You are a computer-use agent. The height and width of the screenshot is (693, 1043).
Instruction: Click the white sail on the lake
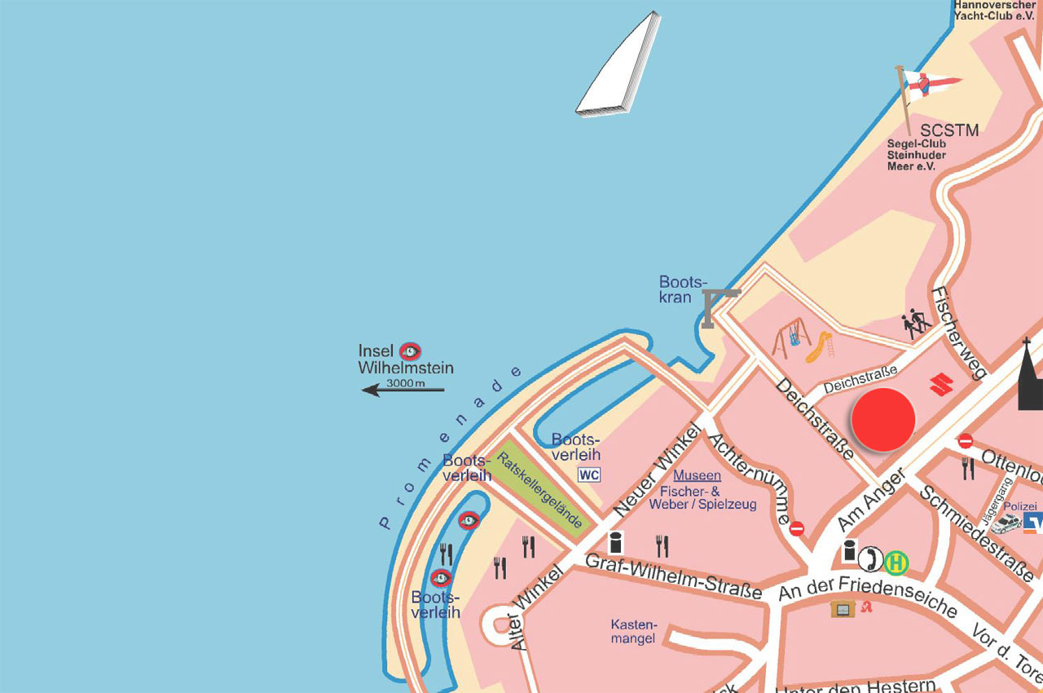[x=618, y=65]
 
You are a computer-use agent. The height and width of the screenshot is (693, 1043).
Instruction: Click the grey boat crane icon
[x=718, y=306]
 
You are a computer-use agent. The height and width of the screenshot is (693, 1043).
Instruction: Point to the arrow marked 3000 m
[x=403, y=390]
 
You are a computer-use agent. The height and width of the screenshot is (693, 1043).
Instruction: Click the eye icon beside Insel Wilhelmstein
[x=410, y=351]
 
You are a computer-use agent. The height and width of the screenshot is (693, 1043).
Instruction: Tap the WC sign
[x=588, y=475]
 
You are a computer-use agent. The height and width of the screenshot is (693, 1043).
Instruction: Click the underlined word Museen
[x=697, y=475]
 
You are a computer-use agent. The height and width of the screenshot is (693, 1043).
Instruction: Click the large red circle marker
[x=883, y=419]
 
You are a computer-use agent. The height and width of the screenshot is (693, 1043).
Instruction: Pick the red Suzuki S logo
[x=942, y=383]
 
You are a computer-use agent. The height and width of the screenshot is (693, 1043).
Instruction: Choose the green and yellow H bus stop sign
[x=897, y=562]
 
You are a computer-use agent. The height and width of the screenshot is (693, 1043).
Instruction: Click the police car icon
[x=1008, y=522]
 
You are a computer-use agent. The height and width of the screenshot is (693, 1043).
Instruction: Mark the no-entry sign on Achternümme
[x=797, y=528]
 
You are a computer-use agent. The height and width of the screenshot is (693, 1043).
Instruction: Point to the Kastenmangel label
[x=633, y=631]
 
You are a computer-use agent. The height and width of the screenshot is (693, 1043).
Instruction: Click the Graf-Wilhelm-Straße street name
[x=674, y=575]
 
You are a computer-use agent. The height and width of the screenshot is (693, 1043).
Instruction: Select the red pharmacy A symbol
[x=867, y=607]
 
